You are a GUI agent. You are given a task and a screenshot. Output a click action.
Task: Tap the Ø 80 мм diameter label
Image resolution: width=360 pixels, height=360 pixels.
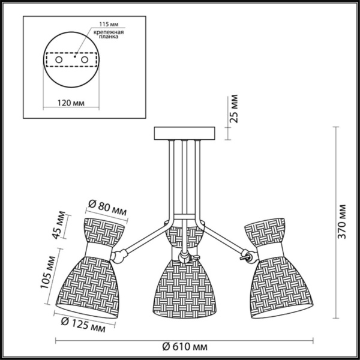pos(106,205)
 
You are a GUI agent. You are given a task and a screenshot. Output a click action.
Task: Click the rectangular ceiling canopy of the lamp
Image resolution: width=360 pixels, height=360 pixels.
pos(184,133)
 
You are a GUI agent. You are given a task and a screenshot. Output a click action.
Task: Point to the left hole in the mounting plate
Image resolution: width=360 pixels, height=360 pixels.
pos(58,61)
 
